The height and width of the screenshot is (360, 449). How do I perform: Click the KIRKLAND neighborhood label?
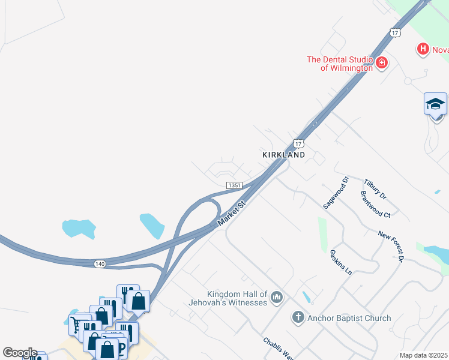point(284,154)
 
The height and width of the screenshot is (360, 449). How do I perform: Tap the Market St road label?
point(232,213)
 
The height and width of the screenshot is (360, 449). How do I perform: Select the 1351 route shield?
point(234,185)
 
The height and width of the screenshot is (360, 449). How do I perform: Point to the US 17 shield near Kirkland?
point(298,143)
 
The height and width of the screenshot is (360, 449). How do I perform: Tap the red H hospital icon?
point(423,49)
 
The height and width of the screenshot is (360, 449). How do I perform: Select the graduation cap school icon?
point(435,104)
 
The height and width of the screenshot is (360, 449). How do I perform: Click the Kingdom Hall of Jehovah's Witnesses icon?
point(277,297)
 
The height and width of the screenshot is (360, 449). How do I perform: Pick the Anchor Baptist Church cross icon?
point(298,317)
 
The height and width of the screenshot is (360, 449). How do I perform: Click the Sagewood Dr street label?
point(336,193)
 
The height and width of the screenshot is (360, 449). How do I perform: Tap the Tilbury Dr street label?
point(375,188)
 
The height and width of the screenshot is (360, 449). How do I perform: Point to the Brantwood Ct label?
point(375,205)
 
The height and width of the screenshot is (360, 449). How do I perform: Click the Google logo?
point(19,353)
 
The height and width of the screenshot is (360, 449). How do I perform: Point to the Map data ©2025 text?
point(423,355)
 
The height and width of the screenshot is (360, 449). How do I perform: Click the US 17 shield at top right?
point(394,32)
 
